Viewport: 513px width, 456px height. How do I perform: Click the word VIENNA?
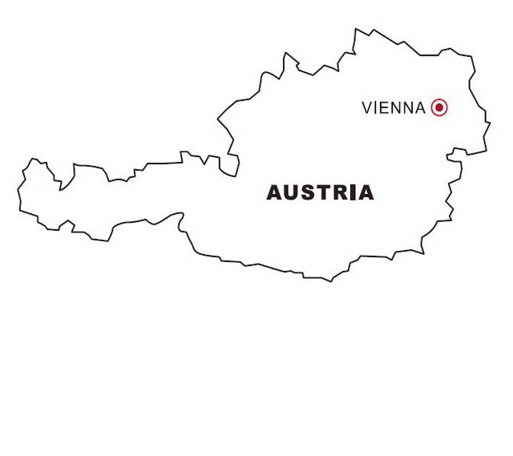(394, 107)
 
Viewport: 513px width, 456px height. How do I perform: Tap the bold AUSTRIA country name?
(320, 193)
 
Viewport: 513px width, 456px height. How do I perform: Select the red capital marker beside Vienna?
(438, 107)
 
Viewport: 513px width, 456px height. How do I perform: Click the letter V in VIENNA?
(367, 107)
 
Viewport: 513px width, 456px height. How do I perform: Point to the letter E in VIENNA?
(384, 107)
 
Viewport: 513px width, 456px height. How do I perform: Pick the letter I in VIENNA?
(376, 107)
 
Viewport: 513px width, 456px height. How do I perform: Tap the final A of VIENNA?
(420, 107)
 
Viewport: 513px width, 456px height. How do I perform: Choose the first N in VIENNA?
(395, 107)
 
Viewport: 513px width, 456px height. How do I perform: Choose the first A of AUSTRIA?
(274, 193)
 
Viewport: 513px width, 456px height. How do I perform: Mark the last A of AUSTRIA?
(365, 193)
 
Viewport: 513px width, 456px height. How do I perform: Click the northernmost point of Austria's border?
(356, 30)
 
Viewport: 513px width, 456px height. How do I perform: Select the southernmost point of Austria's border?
(329, 281)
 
